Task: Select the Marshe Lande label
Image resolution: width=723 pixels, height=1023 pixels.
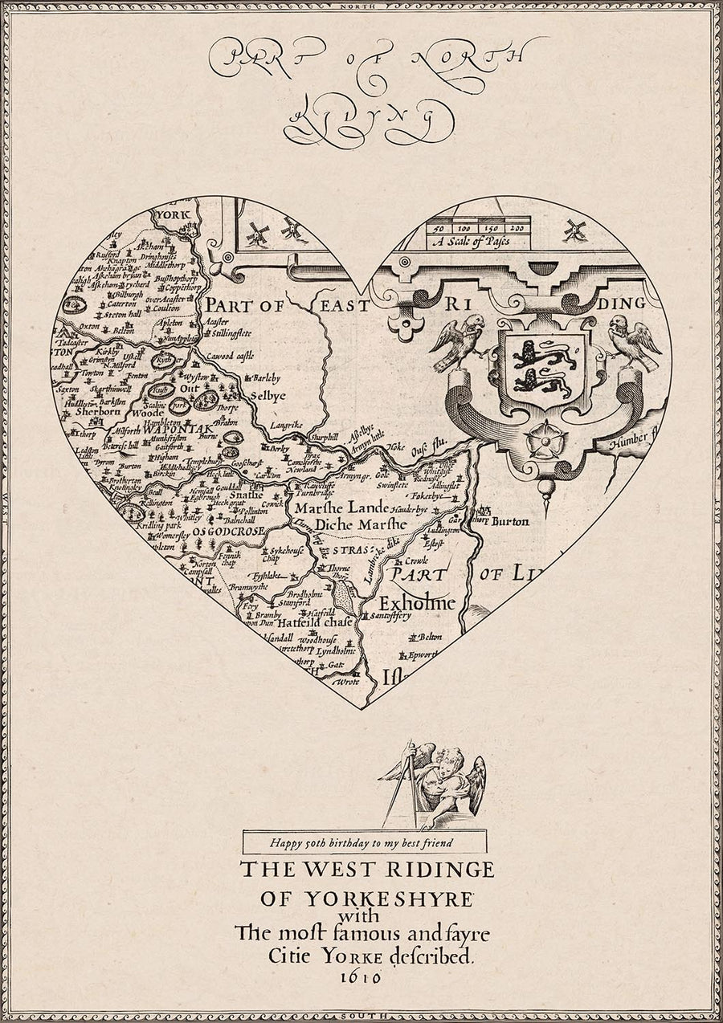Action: pyautogui.click(x=341, y=508)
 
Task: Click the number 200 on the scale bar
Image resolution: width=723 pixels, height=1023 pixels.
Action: pyautogui.click(x=516, y=228)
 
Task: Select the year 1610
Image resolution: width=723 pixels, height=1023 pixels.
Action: pyautogui.click(x=361, y=977)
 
